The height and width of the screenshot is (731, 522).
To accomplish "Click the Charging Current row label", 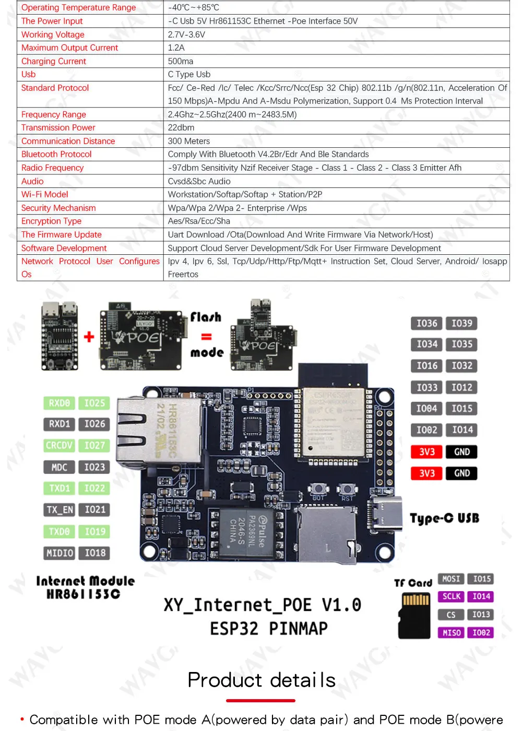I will (x=54, y=61).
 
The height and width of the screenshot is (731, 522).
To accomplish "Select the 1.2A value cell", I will (x=176, y=48).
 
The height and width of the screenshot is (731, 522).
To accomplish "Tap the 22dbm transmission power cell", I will (x=181, y=127).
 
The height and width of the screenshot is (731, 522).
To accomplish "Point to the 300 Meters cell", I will (x=189, y=141).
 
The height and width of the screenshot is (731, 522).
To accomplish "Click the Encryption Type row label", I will (x=51, y=221).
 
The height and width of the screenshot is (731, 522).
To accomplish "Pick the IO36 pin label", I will (x=426, y=323).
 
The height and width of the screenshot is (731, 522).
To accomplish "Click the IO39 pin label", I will (x=461, y=323).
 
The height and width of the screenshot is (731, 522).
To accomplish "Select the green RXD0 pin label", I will (x=59, y=403).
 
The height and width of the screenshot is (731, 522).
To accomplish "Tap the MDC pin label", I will (x=59, y=467).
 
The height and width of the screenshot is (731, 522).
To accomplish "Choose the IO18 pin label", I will (x=94, y=552).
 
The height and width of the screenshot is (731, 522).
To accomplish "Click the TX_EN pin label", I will (x=60, y=510).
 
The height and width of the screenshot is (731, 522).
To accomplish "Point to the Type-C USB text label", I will (x=444, y=518).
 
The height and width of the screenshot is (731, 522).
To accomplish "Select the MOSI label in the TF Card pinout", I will (x=451, y=579).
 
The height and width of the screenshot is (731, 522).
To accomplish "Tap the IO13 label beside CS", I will (x=481, y=615).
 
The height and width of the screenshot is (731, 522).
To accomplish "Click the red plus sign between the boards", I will (x=89, y=337).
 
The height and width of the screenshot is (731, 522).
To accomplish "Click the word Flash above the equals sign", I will (x=206, y=317).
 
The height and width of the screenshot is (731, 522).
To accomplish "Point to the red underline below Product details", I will (x=260, y=701).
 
